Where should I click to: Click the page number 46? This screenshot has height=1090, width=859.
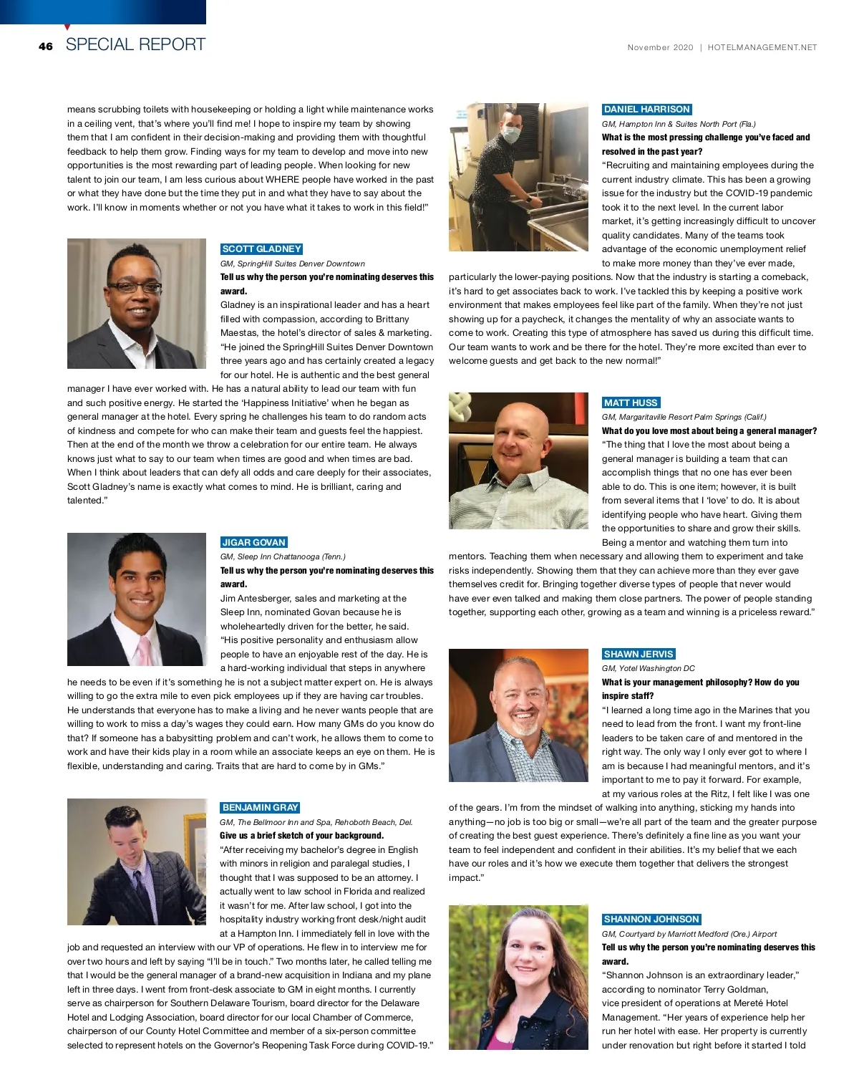pos(46,47)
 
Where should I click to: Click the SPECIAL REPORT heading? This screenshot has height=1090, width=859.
pos(135,44)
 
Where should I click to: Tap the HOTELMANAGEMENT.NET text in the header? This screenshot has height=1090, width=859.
pos(762,48)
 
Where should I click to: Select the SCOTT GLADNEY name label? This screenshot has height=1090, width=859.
pos(261,249)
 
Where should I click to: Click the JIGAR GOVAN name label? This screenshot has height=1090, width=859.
pos(253,543)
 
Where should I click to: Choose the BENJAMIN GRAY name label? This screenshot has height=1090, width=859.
pos(260,808)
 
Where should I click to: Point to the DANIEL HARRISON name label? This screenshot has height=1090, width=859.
pos(646,110)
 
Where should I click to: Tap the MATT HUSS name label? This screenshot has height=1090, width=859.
pos(631,403)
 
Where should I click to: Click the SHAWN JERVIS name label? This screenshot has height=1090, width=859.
pos(639,655)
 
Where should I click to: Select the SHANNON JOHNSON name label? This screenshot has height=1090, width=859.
pos(651,920)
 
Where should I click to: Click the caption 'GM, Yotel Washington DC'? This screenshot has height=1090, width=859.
pos(648,668)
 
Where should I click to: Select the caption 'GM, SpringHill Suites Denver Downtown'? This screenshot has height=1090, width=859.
pos(292,264)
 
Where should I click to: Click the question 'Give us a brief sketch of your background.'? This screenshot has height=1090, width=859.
pos(301,836)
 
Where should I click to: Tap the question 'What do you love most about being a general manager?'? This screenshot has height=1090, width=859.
pos(709,431)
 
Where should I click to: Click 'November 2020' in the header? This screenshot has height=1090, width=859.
pos(660,48)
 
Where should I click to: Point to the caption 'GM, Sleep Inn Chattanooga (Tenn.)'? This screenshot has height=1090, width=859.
pos(283,556)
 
